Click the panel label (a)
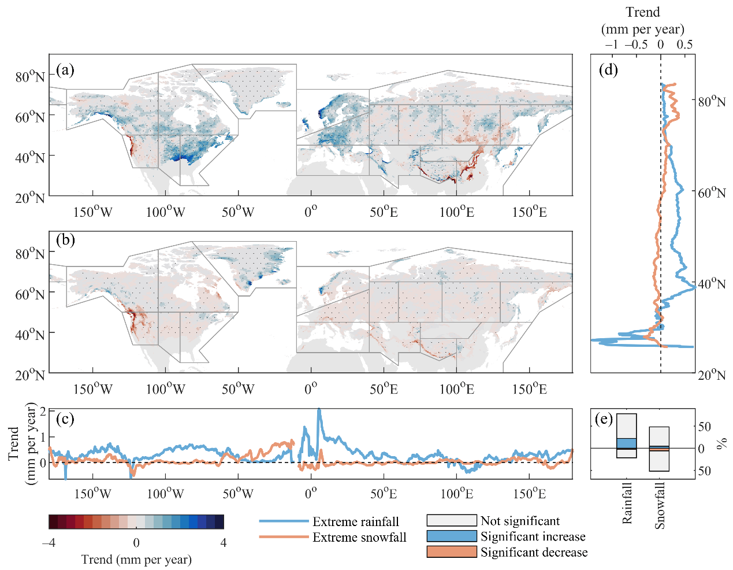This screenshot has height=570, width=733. pos(65,71)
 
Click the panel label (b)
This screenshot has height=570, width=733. pos(65,240)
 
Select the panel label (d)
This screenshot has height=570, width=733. pos(608,71)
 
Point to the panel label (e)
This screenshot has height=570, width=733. pos(604,419)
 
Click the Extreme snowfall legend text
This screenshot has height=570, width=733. pos(359,538)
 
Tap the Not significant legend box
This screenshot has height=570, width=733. pos(452,521)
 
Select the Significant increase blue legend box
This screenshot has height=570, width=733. pos(452,536)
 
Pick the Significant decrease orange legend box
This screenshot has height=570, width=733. pos(452,552)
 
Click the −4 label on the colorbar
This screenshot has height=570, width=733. pos(49,543)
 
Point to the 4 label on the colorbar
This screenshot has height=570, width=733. pos(224,543)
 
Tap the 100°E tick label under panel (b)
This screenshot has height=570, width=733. pos(456,389)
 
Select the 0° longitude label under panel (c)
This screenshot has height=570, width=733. pos(311,494)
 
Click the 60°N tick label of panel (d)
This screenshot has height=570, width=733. pos(710,193)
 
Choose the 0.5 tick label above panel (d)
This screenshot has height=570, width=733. pos(684,45)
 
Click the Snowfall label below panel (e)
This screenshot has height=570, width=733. pos(660,505)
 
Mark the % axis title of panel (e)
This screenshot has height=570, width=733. pos(721,443)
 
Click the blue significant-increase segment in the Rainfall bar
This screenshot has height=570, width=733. pos(627,443)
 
